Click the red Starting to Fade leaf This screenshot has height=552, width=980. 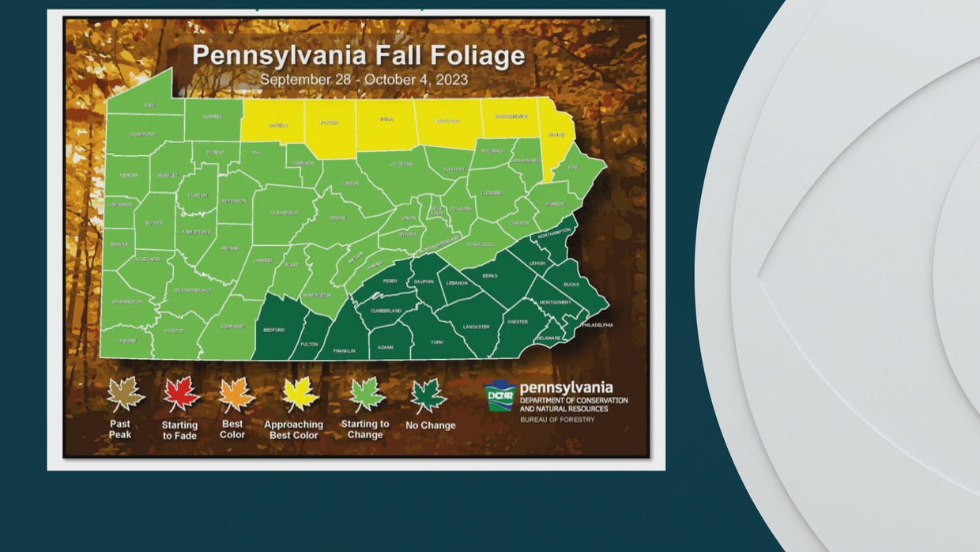point(181,393)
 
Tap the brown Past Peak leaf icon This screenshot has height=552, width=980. point(126,393)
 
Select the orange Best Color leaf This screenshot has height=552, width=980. point(237,394)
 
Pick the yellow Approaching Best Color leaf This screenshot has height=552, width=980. point(300,393)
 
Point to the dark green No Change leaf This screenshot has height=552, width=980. point(428,395)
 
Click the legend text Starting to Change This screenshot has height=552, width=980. point(365,429)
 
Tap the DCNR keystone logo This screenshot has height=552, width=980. point(499,393)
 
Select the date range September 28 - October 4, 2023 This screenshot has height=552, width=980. point(364,79)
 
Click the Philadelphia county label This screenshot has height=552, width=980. point(597,324)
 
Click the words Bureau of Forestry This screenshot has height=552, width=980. point(557,419)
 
